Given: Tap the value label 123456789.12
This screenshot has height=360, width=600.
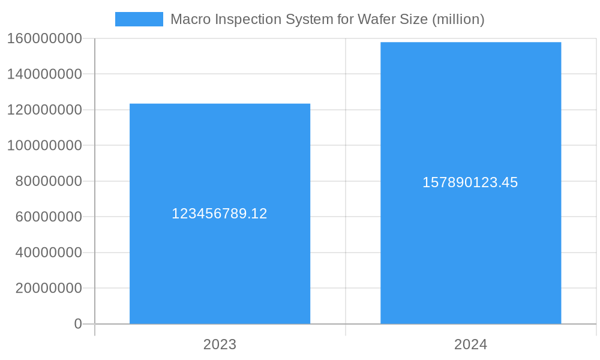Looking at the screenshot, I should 220,214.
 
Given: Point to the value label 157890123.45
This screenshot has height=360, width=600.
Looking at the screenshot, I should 470,182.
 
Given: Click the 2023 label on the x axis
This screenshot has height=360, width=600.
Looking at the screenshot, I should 220,344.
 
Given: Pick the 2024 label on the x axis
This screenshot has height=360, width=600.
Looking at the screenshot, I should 470,344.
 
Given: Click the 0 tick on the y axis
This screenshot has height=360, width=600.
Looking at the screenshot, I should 78,324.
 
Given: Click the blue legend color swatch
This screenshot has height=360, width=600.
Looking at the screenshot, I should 139,19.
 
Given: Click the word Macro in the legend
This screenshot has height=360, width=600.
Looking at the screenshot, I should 188,19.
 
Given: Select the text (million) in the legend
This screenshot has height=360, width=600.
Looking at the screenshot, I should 458,19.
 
